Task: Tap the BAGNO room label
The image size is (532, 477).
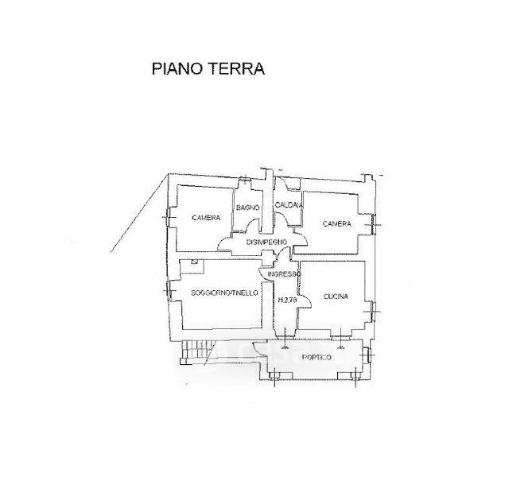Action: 246,208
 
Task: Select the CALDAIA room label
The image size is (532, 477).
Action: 289,206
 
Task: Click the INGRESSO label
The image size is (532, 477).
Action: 284,274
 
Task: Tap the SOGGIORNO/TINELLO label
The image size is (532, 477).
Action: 225,293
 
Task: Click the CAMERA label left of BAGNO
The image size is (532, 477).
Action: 206,218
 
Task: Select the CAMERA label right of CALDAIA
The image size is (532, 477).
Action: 336,224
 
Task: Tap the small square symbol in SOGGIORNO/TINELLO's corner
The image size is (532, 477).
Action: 194,262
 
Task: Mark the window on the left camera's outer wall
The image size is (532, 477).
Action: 166,216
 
